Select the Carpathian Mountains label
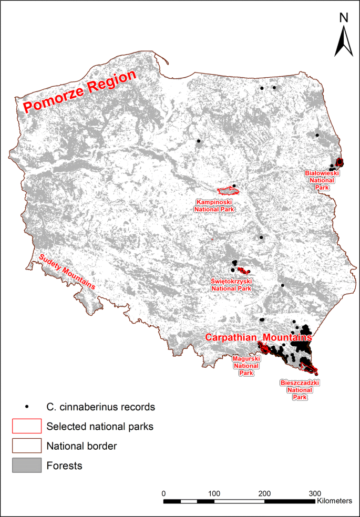point(259,337)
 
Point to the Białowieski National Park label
point(323,180)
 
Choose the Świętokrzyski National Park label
point(231,285)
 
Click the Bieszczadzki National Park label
point(300,390)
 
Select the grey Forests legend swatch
point(26,465)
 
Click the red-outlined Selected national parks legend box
point(26,426)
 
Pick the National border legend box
point(26,446)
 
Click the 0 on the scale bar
point(164,494)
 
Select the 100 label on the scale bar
point(214,494)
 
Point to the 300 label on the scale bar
point(314,494)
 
